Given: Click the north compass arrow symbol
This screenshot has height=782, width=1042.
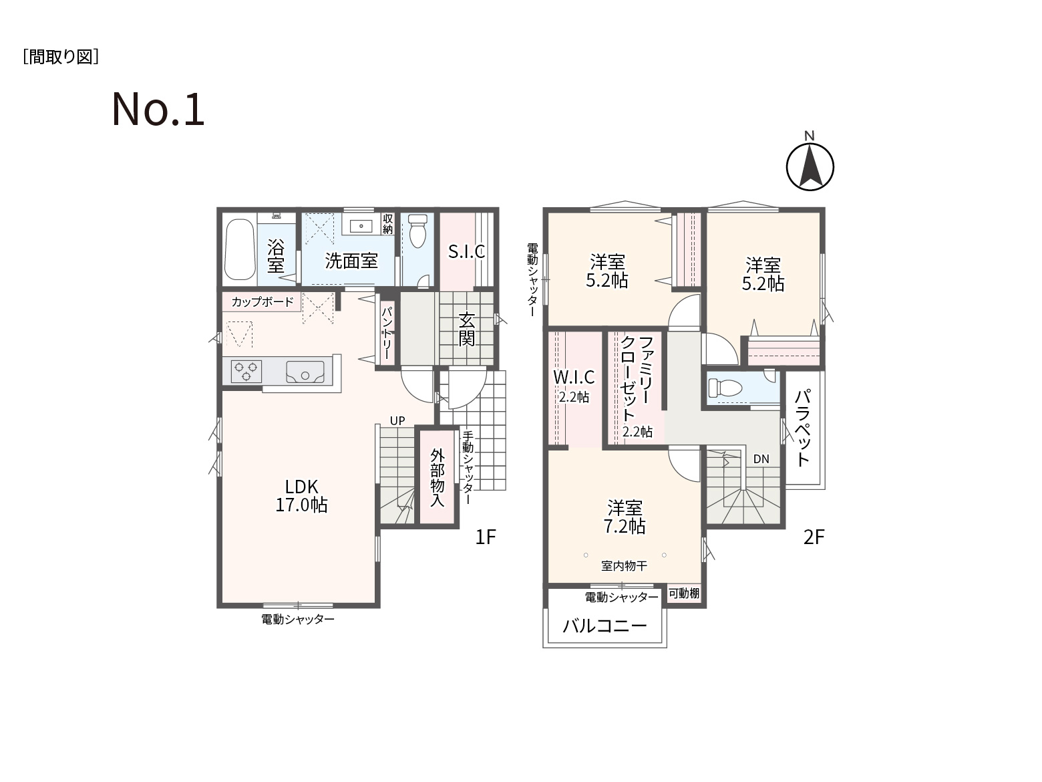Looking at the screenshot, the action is (x=810, y=167).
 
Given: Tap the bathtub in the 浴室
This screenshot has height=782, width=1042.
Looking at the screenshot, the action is (x=240, y=249).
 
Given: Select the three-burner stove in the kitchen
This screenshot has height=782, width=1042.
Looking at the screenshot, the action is (x=246, y=372).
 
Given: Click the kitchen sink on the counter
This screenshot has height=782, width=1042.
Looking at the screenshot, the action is (x=305, y=372).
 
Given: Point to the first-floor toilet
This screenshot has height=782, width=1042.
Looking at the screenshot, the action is (x=417, y=231).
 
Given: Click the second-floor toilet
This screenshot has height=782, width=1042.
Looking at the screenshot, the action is (x=725, y=388).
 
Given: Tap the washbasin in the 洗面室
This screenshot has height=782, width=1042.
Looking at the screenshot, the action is (x=361, y=226).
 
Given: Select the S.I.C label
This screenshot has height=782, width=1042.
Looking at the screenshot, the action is (x=466, y=252).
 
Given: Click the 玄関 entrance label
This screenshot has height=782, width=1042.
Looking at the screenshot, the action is (x=467, y=329).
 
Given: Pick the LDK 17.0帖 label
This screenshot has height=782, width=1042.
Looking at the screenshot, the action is (x=301, y=496).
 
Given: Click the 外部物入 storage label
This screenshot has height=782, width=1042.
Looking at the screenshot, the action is (x=438, y=478).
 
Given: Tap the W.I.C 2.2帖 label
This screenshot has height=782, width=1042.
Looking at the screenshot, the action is (x=574, y=386).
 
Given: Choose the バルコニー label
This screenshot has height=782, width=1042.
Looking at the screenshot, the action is (x=604, y=626).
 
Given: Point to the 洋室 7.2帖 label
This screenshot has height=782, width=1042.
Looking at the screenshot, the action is (x=625, y=517).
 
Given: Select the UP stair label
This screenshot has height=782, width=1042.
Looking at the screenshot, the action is (x=397, y=420).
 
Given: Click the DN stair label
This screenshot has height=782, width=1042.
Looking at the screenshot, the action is (x=761, y=459).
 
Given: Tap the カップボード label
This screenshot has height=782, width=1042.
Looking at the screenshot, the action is (x=263, y=301).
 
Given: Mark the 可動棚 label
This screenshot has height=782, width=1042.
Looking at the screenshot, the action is (x=683, y=593).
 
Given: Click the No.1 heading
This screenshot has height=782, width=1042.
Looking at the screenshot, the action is (x=158, y=110).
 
